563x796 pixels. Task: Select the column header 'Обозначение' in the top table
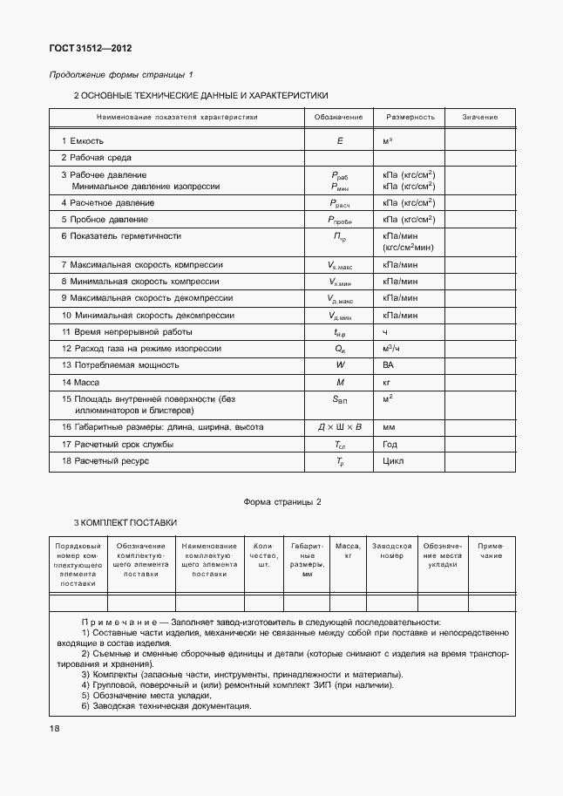pos(338,117)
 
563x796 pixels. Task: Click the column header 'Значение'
pos(480,117)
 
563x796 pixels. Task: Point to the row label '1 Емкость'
pos(83,140)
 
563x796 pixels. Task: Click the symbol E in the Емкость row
pos(339,140)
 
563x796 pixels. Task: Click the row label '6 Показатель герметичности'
pos(121,235)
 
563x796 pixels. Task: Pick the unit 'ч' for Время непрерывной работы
pos(384,332)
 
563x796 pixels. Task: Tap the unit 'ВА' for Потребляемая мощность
pos(388,365)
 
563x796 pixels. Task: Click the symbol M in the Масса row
pos(339,382)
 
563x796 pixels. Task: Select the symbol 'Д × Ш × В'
pos(339,428)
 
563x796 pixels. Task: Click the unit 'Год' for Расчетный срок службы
pos(390,445)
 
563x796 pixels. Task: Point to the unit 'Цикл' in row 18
pos(392,461)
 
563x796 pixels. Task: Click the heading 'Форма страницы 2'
pos(282,502)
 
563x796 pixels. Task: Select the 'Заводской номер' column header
pos(391,550)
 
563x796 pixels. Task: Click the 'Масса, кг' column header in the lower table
pos(348,550)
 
